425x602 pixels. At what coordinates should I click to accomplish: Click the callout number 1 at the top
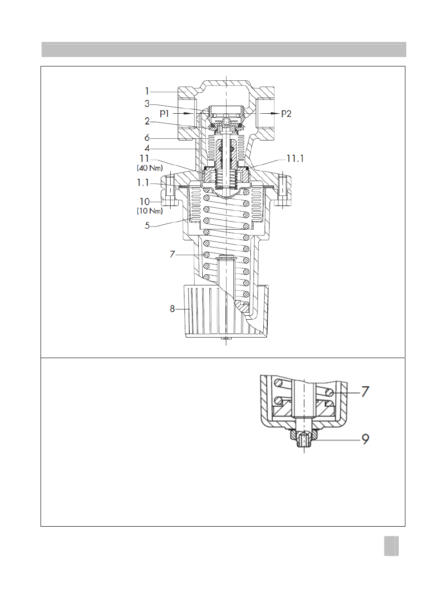147,91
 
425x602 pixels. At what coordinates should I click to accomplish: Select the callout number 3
147,104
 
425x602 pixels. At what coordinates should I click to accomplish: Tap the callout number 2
147,121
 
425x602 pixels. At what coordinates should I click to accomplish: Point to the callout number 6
147,138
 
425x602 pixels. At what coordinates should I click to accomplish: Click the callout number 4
147,148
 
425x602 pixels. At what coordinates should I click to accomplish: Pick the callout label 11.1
295,159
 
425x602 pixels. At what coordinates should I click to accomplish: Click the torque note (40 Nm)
150,168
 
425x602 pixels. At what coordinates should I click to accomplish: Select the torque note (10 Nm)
150,211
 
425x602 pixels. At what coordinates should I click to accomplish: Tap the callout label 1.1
143,183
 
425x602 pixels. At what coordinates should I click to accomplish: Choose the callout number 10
144,202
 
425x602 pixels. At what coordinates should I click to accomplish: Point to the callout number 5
147,226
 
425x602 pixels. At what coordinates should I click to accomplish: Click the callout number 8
172,309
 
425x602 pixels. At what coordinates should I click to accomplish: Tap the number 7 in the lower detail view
365,392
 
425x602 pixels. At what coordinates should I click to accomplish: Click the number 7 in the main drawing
172,254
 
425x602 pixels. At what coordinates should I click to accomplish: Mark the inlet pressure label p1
164,113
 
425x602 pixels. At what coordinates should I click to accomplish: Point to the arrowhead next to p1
189,113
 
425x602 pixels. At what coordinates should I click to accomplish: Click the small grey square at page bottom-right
391,546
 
